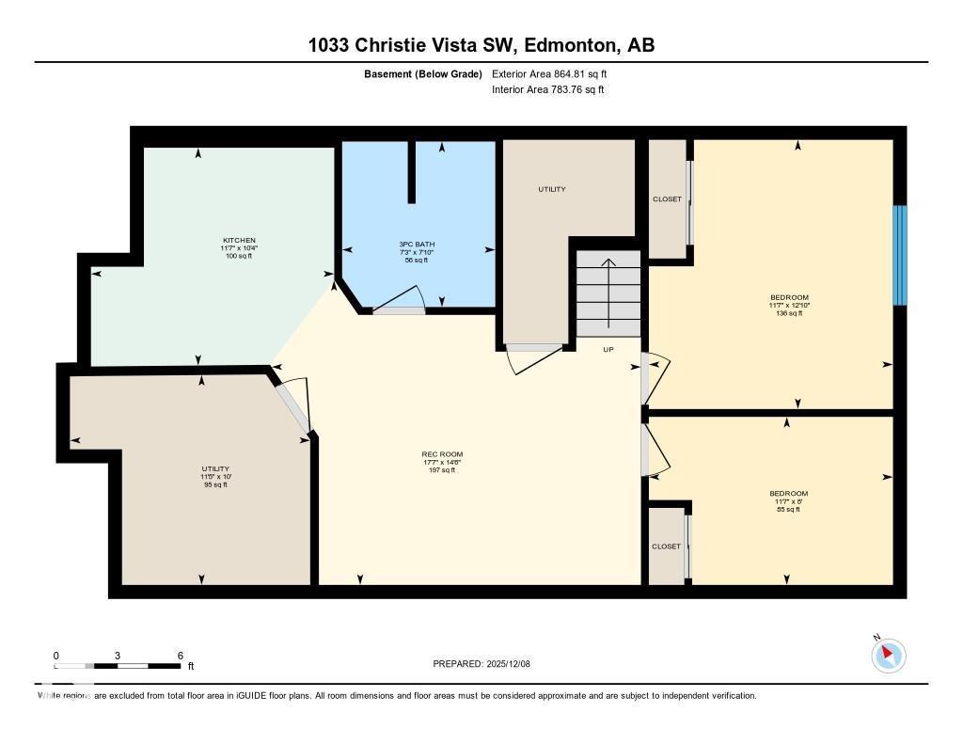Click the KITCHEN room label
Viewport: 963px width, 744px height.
tap(238, 240)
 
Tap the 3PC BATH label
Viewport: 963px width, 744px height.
tap(417, 245)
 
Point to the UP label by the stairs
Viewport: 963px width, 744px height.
tap(608, 349)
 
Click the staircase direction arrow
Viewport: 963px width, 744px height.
tap(608, 293)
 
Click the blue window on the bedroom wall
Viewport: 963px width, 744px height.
tap(899, 255)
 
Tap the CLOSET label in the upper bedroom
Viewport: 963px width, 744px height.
tap(667, 199)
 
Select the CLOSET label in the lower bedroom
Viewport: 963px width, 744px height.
tap(666, 546)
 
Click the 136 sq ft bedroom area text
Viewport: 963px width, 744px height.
tap(788, 313)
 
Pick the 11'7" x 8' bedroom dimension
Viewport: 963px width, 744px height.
tap(788, 501)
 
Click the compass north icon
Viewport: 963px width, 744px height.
tap(888, 655)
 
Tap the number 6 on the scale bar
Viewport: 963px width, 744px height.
tap(179, 656)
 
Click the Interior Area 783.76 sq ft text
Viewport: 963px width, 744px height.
tap(547, 90)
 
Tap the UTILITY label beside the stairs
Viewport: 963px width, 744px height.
tap(551, 190)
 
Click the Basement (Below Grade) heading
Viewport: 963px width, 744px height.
tap(422, 73)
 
